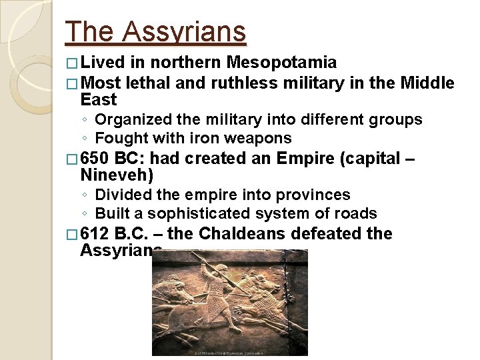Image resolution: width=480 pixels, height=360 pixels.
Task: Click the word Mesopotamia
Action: pyautogui.click(x=281, y=63)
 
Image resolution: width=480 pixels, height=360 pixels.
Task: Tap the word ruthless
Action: pyautogui.click(x=245, y=83)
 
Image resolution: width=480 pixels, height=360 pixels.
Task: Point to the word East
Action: pyautogui.click(x=98, y=101)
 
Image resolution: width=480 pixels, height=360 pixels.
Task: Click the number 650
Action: pyautogui.click(x=95, y=159)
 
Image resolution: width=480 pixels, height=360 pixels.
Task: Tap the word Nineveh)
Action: pyautogui.click(x=117, y=176)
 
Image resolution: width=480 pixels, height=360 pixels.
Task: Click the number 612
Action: pyautogui.click(x=95, y=235)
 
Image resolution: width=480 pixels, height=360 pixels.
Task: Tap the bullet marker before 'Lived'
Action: pyautogui.click(x=72, y=64)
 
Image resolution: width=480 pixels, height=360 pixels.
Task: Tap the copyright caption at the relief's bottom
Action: pyautogui.click(x=230, y=352)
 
